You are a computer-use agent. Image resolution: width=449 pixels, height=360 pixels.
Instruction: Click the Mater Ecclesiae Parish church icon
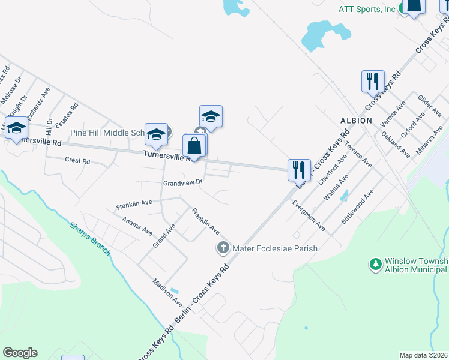(x=223, y=248)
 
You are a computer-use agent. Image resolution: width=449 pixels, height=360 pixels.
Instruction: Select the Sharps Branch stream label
(x=89, y=239)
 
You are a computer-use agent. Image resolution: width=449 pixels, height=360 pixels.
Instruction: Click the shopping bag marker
(x=194, y=146)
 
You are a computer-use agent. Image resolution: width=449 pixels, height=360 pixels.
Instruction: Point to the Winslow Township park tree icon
(x=375, y=264)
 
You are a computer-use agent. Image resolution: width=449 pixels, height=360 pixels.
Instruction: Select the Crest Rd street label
(x=77, y=161)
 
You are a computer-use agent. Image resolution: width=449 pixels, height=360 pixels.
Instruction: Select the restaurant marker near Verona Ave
(x=373, y=81)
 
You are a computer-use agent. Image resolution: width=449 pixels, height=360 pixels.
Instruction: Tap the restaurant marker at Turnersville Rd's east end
(x=298, y=170)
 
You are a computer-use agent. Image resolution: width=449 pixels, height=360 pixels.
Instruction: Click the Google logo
(x=20, y=353)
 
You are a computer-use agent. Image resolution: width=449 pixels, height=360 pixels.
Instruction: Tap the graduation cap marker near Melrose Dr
(x=16, y=127)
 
